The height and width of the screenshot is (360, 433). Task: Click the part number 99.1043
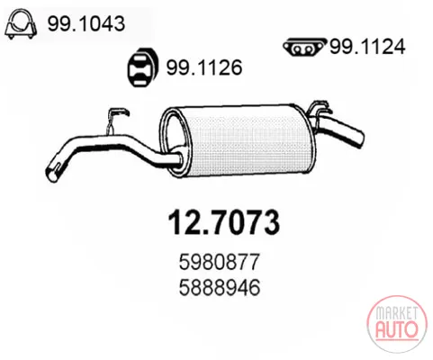coord(86,23)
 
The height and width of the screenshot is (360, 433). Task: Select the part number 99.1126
coord(204,67)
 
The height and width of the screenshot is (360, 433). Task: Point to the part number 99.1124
coord(367,47)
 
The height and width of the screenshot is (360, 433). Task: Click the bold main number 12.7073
coord(224,222)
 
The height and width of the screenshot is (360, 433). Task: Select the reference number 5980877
coord(219,262)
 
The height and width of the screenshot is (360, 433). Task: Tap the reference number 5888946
coord(219,288)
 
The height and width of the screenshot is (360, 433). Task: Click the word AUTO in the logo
coord(397,328)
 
